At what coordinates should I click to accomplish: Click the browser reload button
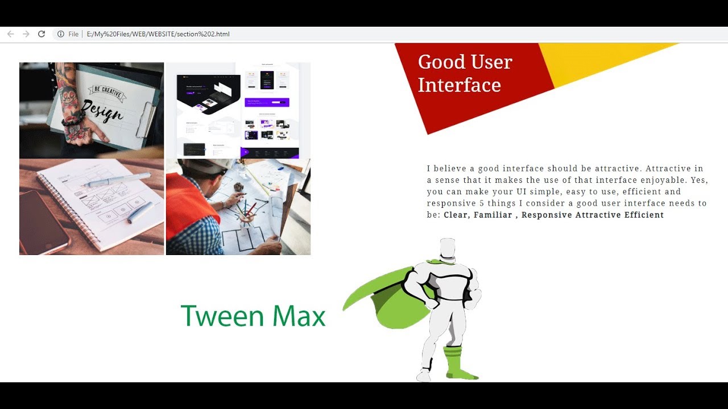coord(42,34)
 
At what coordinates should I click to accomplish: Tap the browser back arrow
coord(10,34)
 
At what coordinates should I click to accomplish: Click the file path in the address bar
coord(158,34)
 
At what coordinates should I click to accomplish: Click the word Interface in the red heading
coord(459,85)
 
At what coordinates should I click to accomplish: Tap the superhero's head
coord(448,248)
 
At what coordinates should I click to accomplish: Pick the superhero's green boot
coord(455,364)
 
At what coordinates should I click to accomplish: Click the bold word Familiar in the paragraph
coord(493,215)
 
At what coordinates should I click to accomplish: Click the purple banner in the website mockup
coord(267,102)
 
